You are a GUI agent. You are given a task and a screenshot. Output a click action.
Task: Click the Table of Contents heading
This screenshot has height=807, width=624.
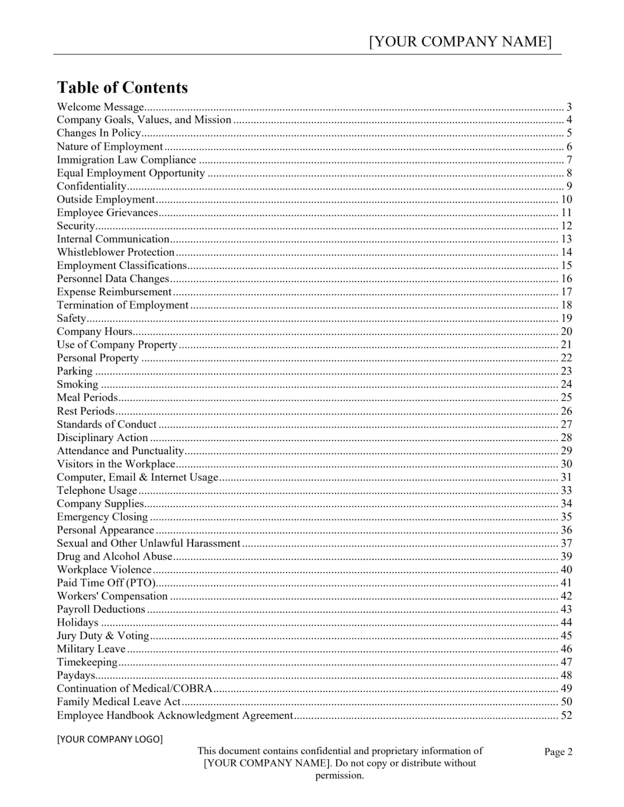[x=122, y=88]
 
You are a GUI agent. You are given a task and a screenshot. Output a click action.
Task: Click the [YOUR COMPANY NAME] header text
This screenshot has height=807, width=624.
[x=460, y=42]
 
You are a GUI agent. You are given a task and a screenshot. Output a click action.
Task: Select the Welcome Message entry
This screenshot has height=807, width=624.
[x=100, y=107]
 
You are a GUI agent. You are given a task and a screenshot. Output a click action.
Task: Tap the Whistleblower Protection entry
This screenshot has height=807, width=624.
[x=116, y=252]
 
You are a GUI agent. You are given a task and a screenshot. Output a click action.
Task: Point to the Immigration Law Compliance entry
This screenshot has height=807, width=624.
[x=126, y=160]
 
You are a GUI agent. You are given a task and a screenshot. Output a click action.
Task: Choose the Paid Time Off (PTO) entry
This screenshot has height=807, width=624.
[x=106, y=583]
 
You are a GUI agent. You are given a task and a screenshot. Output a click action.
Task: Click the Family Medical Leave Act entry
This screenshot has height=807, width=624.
[x=119, y=701]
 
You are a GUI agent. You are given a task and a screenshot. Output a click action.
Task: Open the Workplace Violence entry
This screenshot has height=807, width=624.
[x=104, y=570]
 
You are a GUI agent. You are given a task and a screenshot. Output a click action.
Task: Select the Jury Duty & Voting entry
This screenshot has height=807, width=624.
[x=103, y=636]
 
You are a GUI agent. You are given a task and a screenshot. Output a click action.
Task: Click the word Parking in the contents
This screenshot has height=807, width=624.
[x=75, y=372]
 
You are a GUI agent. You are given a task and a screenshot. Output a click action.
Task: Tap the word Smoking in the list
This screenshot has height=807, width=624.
[x=77, y=385]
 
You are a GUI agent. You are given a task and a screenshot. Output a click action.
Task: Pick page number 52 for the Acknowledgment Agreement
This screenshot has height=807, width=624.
[x=566, y=716]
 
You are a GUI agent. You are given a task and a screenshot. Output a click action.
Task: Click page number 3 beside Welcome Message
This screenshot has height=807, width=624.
[x=569, y=107]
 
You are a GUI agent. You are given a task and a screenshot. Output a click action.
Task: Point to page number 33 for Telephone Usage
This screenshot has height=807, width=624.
[x=566, y=491]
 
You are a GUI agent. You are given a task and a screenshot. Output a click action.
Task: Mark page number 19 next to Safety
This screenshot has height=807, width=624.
[x=566, y=319]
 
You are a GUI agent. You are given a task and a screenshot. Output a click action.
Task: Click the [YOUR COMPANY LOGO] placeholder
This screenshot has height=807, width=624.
[x=109, y=739]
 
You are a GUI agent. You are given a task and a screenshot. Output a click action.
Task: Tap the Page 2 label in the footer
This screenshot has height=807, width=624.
[x=558, y=752]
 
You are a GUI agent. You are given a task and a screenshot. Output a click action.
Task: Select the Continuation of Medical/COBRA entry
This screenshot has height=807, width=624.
[x=134, y=688]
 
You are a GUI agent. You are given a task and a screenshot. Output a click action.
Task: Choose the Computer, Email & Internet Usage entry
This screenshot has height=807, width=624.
[x=137, y=477]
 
